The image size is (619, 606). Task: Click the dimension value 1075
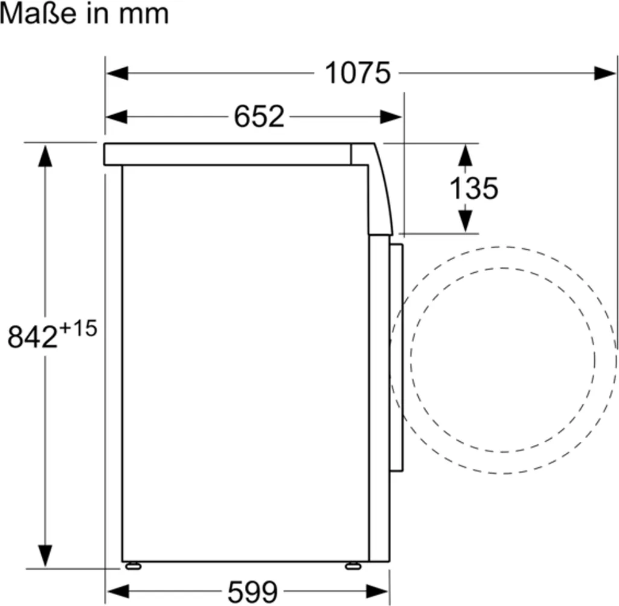click(x=357, y=73)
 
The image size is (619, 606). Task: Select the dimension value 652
click(x=259, y=116)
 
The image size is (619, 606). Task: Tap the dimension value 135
click(x=474, y=188)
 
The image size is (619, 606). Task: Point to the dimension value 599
click(x=253, y=592)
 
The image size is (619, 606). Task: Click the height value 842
click(x=33, y=337)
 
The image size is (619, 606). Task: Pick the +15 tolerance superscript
click(x=78, y=328)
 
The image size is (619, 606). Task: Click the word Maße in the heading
click(x=38, y=14)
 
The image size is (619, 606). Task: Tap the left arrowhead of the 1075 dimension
click(x=117, y=73)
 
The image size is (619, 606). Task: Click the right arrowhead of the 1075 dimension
click(x=604, y=73)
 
